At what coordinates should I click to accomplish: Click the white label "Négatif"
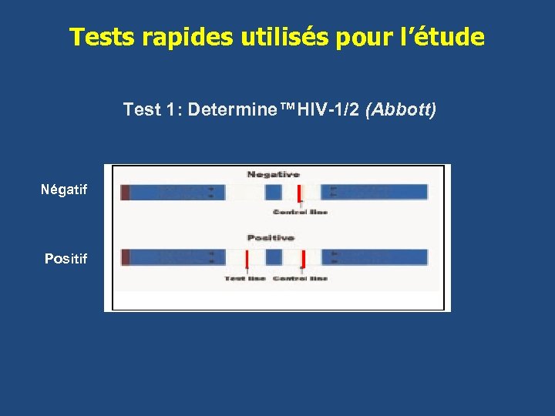coord(65,190)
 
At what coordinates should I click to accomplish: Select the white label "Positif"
coord(66,259)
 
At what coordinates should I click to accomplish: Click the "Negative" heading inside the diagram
coord(273,174)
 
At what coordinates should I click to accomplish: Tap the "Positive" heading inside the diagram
coord(271,237)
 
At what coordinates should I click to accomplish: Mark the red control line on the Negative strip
coord(299,193)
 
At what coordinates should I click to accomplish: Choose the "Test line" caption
coord(245,278)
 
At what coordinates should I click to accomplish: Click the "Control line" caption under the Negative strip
coord(300,212)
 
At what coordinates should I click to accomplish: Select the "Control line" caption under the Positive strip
coord(300,278)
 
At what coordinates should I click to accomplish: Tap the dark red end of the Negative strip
coord(125,193)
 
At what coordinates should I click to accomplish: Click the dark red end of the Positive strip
coord(125,257)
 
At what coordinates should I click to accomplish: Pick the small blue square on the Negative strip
coord(274,193)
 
